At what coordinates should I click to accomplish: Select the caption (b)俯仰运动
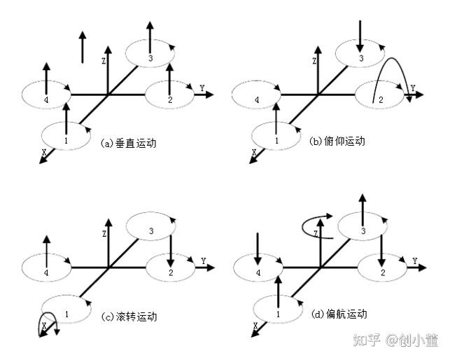coord(337,141)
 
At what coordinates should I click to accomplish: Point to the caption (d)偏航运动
coord(339,314)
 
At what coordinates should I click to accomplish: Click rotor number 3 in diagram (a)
coord(150,56)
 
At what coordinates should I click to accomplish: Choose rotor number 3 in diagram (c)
coord(150,230)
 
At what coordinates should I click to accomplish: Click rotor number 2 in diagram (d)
coord(381,272)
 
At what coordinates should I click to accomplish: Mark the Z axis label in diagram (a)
coord(104,62)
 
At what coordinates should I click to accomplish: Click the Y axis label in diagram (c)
coord(203,261)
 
